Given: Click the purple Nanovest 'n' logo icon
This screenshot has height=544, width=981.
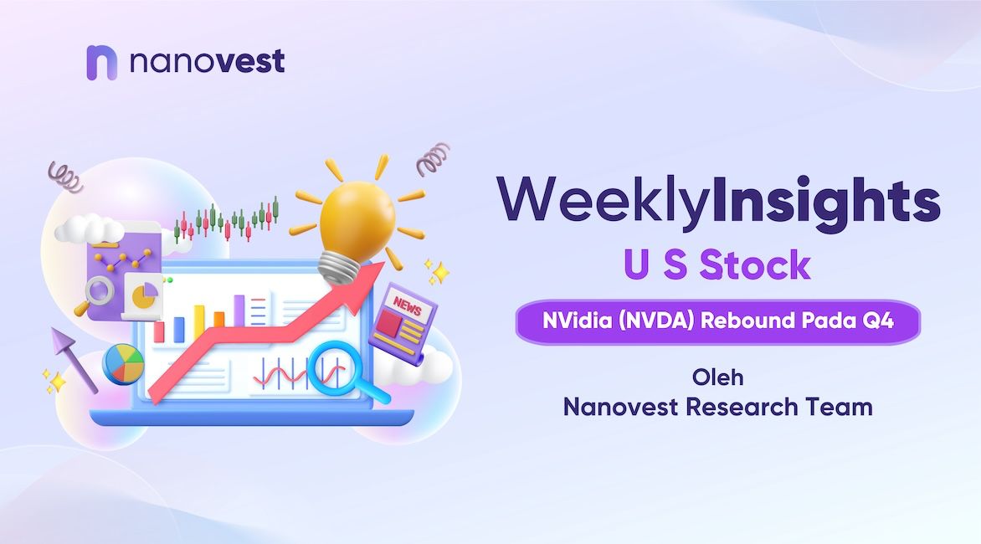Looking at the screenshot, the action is pyautogui.click(x=101, y=63).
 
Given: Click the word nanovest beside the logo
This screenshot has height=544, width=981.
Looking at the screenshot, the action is pyautogui.click(x=207, y=61).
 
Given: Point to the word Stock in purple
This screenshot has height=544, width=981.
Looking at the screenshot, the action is pyautogui.click(x=755, y=265).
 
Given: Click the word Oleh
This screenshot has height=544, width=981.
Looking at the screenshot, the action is pyautogui.click(x=717, y=377).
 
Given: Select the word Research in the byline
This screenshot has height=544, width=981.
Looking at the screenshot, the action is pyautogui.click(x=742, y=407).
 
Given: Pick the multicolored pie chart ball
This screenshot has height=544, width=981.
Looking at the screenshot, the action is pyautogui.click(x=123, y=364).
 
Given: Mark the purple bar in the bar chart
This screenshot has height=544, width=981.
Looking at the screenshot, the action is pyautogui.click(x=239, y=310).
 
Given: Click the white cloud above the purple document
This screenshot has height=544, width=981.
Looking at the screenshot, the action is pyautogui.click(x=89, y=228).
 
